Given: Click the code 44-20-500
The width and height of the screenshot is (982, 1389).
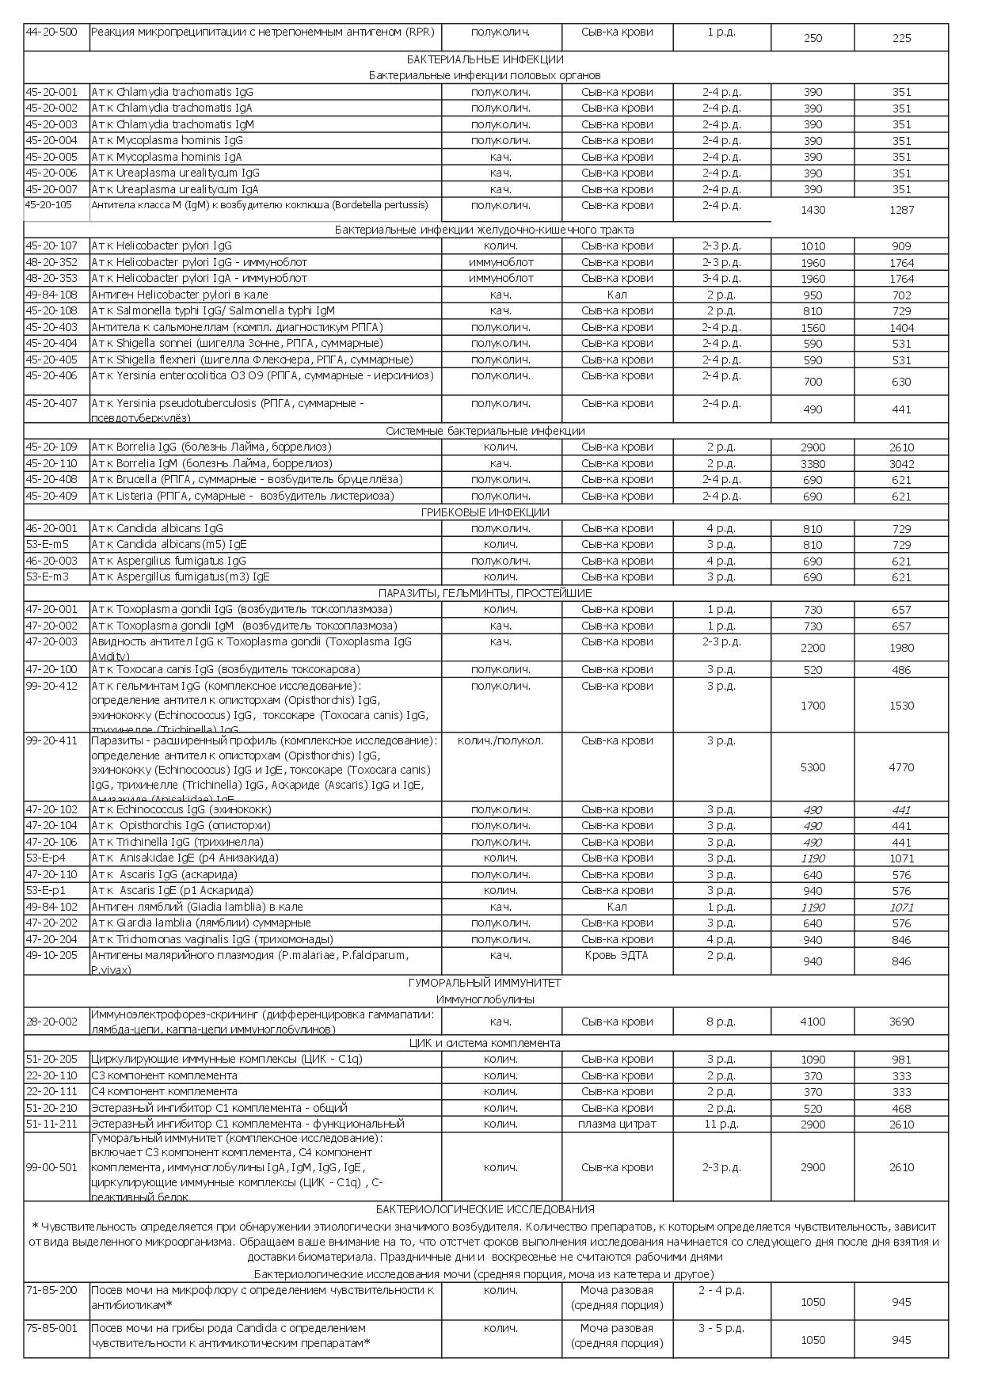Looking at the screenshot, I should (51, 32).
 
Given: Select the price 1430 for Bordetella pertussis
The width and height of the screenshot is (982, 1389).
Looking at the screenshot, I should (813, 210).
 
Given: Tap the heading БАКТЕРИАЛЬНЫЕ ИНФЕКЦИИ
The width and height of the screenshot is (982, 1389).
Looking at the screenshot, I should (485, 59).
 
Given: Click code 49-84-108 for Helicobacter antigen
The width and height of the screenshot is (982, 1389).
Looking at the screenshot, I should (51, 295).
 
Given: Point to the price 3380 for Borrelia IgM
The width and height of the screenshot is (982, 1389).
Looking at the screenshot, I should (813, 464).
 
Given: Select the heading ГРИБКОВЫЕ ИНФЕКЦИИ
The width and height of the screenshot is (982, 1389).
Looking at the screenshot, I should (485, 512).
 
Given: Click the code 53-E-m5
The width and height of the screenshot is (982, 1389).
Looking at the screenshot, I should (48, 544).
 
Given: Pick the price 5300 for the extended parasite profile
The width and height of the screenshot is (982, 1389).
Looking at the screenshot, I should (813, 767).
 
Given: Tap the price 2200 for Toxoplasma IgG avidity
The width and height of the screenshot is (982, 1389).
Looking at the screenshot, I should (813, 648).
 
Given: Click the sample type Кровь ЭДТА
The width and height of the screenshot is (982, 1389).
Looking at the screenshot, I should (616, 955).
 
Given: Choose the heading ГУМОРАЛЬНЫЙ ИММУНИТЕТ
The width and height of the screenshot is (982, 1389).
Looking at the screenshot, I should (485, 983).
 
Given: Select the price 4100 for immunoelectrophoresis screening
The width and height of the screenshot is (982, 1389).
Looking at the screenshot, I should (813, 1022).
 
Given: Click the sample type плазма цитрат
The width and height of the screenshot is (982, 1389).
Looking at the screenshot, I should (616, 1124).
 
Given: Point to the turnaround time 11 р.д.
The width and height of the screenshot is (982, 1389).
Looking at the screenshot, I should (721, 1124).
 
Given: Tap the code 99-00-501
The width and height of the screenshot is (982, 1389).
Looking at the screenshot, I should (51, 1167).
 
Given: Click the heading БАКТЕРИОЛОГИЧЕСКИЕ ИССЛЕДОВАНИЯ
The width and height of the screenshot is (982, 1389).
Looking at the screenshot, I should (485, 1209).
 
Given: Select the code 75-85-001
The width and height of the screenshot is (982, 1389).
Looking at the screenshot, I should (51, 1328).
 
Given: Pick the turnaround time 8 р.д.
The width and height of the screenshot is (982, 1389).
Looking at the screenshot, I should (721, 1022).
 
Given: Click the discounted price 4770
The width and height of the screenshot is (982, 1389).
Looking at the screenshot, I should (901, 767).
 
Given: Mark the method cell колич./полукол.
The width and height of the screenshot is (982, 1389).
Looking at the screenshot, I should (501, 740).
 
